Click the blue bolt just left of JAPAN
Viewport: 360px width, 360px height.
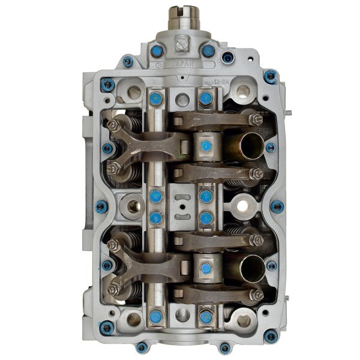[157, 52]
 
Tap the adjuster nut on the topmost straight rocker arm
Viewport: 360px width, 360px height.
[256, 120]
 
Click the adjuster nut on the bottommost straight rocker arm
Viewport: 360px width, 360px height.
[256, 295]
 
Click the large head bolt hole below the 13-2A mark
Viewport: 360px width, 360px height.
[243, 92]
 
